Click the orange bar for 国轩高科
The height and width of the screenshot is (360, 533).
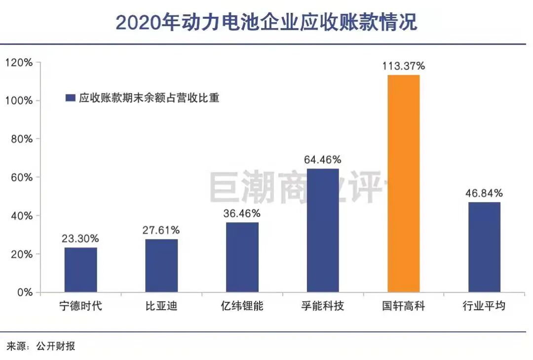(403, 183)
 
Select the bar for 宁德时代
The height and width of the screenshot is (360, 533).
(80, 270)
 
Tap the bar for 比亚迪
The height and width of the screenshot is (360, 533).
(161, 266)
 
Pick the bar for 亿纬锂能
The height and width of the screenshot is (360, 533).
(242, 257)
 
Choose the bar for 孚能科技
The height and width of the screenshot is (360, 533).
(323, 231)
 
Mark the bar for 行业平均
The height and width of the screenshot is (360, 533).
(484, 247)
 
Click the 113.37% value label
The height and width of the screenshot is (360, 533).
(404, 66)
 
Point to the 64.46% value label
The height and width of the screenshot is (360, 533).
(323, 160)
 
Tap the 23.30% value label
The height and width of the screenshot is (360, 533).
(80, 238)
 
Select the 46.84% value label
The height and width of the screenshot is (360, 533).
(484, 193)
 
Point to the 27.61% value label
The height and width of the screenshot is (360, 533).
(161, 230)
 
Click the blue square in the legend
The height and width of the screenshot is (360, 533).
(70, 98)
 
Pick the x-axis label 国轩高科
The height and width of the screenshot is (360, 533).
(403, 306)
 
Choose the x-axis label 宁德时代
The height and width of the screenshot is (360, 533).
(80, 306)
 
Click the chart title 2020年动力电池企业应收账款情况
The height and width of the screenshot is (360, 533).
(266, 22)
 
